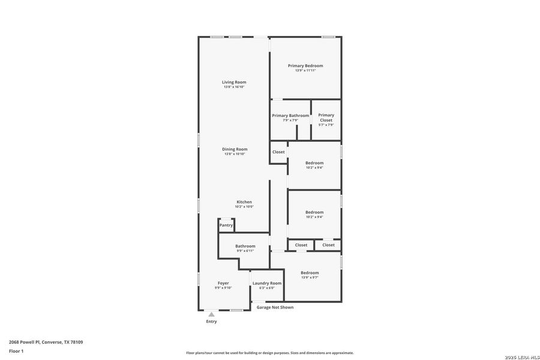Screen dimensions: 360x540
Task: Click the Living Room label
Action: [234, 82]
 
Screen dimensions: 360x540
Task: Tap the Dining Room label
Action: [235, 149]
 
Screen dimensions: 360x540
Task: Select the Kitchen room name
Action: [244, 202]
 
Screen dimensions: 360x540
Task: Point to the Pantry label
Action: [226, 226]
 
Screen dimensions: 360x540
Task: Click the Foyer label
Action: [223, 283]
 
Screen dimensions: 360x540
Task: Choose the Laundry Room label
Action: [267, 283]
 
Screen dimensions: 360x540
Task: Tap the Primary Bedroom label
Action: [305, 66]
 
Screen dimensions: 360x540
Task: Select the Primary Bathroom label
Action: [290, 116]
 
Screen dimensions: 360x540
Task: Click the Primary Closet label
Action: [326, 118]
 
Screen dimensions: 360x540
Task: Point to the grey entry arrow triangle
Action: [211, 314]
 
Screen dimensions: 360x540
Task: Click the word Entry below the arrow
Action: [211, 322]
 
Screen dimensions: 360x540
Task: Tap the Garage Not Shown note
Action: [275, 307]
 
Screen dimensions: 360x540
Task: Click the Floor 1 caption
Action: [16, 350]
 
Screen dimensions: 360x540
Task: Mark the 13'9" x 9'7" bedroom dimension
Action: [310, 277]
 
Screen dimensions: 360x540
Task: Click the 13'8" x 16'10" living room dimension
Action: [234, 87]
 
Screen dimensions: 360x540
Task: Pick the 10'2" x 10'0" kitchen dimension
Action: [244, 207]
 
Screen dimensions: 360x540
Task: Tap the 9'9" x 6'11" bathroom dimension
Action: [245, 251]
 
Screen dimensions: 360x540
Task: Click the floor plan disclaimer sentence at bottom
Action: [269, 353]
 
